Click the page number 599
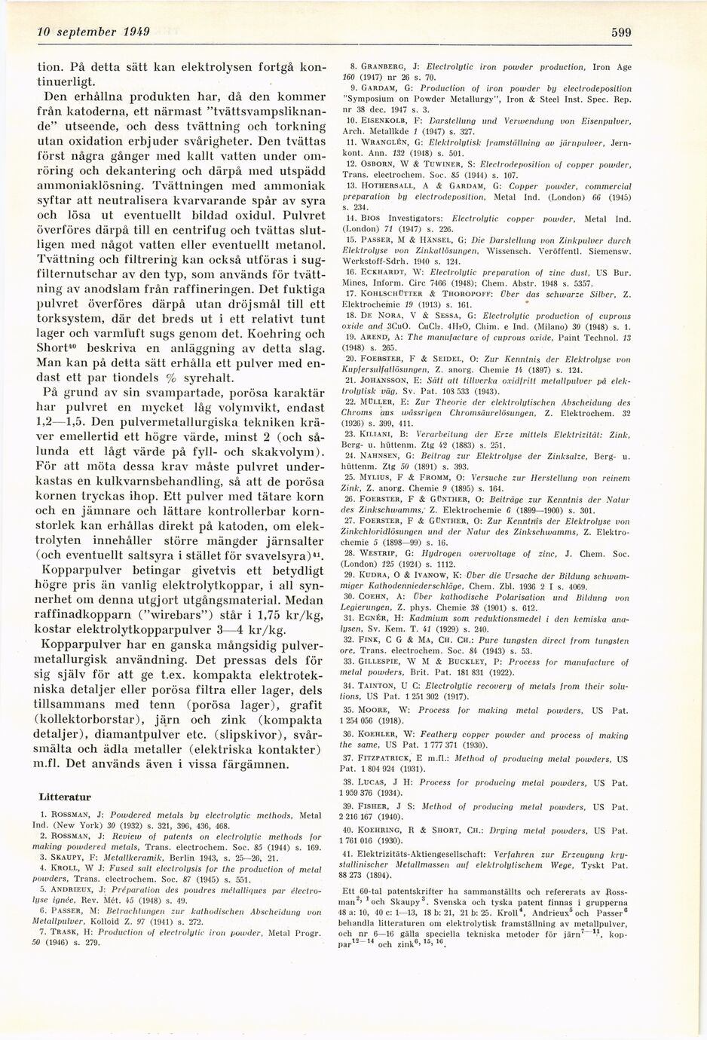[x=620, y=32]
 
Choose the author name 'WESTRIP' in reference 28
[x=384, y=555]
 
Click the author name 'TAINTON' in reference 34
[x=384, y=686]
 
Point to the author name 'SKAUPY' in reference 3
[x=69, y=857]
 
